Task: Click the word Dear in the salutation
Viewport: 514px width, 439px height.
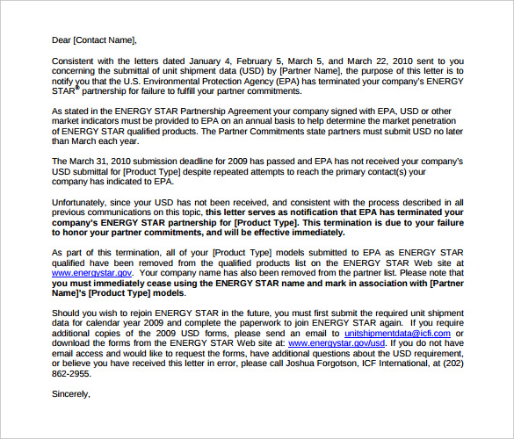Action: click(x=62, y=40)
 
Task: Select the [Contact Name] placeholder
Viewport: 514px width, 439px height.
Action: click(x=105, y=40)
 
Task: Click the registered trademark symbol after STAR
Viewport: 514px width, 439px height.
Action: click(x=77, y=88)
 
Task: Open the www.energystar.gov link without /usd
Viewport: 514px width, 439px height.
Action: click(x=92, y=273)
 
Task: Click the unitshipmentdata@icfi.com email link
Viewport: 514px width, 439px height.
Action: click(x=397, y=334)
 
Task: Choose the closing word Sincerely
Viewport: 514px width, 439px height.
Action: click(x=71, y=394)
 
